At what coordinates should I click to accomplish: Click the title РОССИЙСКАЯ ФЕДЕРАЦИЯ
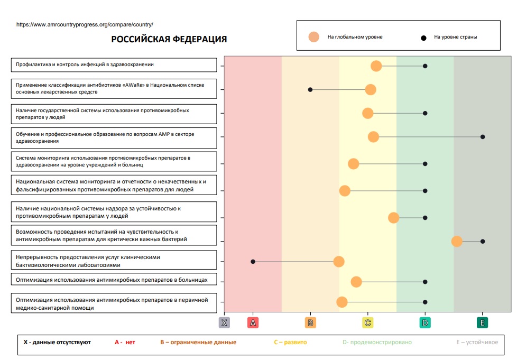(169, 39)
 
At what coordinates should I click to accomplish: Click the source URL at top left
(85, 24)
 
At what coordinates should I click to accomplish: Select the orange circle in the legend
(314, 37)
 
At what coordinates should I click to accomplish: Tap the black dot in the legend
(423, 38)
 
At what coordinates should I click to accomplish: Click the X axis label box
(224, 322)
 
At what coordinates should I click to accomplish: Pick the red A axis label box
(253, 322)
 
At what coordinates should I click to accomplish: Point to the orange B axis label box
(310, 322)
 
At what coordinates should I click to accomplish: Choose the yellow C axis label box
(368, 322)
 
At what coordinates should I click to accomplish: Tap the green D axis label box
(425, 322)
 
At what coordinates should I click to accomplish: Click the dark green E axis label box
(482, 322)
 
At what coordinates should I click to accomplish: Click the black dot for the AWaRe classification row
(310, 89)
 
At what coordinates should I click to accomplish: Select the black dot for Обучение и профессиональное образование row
(483, 137)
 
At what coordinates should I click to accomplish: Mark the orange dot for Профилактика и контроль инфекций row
(376, 66)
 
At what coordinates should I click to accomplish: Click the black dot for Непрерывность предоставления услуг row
(253, 262)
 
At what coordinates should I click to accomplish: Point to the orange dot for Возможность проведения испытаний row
(457, 241)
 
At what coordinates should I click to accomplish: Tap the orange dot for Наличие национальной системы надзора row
(393, 218)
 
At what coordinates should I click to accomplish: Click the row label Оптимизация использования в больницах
(115, 280)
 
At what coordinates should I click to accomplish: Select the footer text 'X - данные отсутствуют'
(57, 342)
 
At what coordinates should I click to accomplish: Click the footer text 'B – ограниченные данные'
(198, 342)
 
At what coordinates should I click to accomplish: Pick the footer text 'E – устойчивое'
(477, 342)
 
